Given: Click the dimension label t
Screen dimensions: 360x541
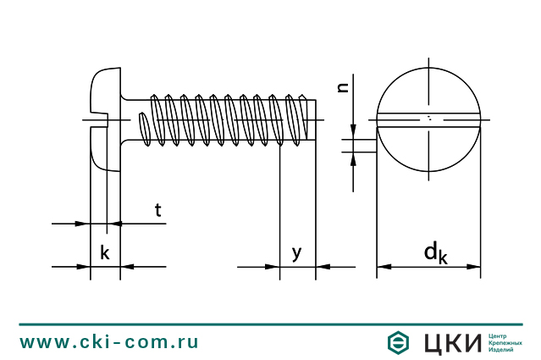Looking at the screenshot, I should point(157,210).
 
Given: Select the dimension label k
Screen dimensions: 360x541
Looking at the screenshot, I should point(104,252).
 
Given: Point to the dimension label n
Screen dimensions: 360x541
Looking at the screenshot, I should point(343,86).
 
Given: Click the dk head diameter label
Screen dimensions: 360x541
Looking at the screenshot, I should point(435,252).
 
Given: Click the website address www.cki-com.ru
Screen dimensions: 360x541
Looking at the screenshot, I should point(109,342).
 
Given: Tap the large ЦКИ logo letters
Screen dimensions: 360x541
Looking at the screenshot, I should point(451,342).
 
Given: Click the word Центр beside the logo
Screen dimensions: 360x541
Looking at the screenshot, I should point(498,334).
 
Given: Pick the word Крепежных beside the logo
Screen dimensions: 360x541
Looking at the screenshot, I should point(505,342).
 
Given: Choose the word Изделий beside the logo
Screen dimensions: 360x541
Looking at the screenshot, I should point(501,351).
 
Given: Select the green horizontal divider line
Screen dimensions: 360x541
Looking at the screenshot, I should point(270,324).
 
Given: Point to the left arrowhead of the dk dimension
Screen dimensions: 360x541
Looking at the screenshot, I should point(383,267).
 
